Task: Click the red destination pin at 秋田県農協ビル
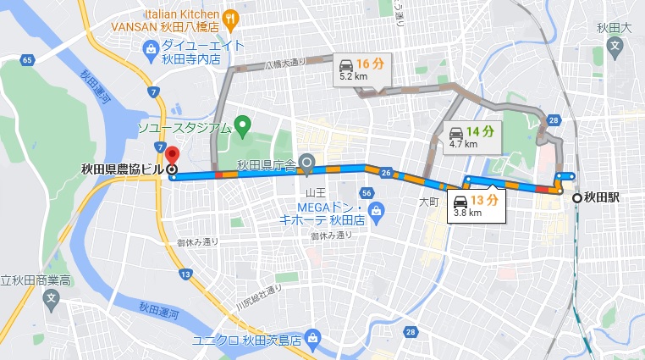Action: (x=172, y=156)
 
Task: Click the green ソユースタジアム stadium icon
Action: (x=244, y=128)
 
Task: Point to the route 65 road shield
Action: (x=27, y=59)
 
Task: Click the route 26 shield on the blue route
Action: (x=386, y=174)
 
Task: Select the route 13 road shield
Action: (x=185, y=274)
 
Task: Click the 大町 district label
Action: (x=428, y=202)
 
